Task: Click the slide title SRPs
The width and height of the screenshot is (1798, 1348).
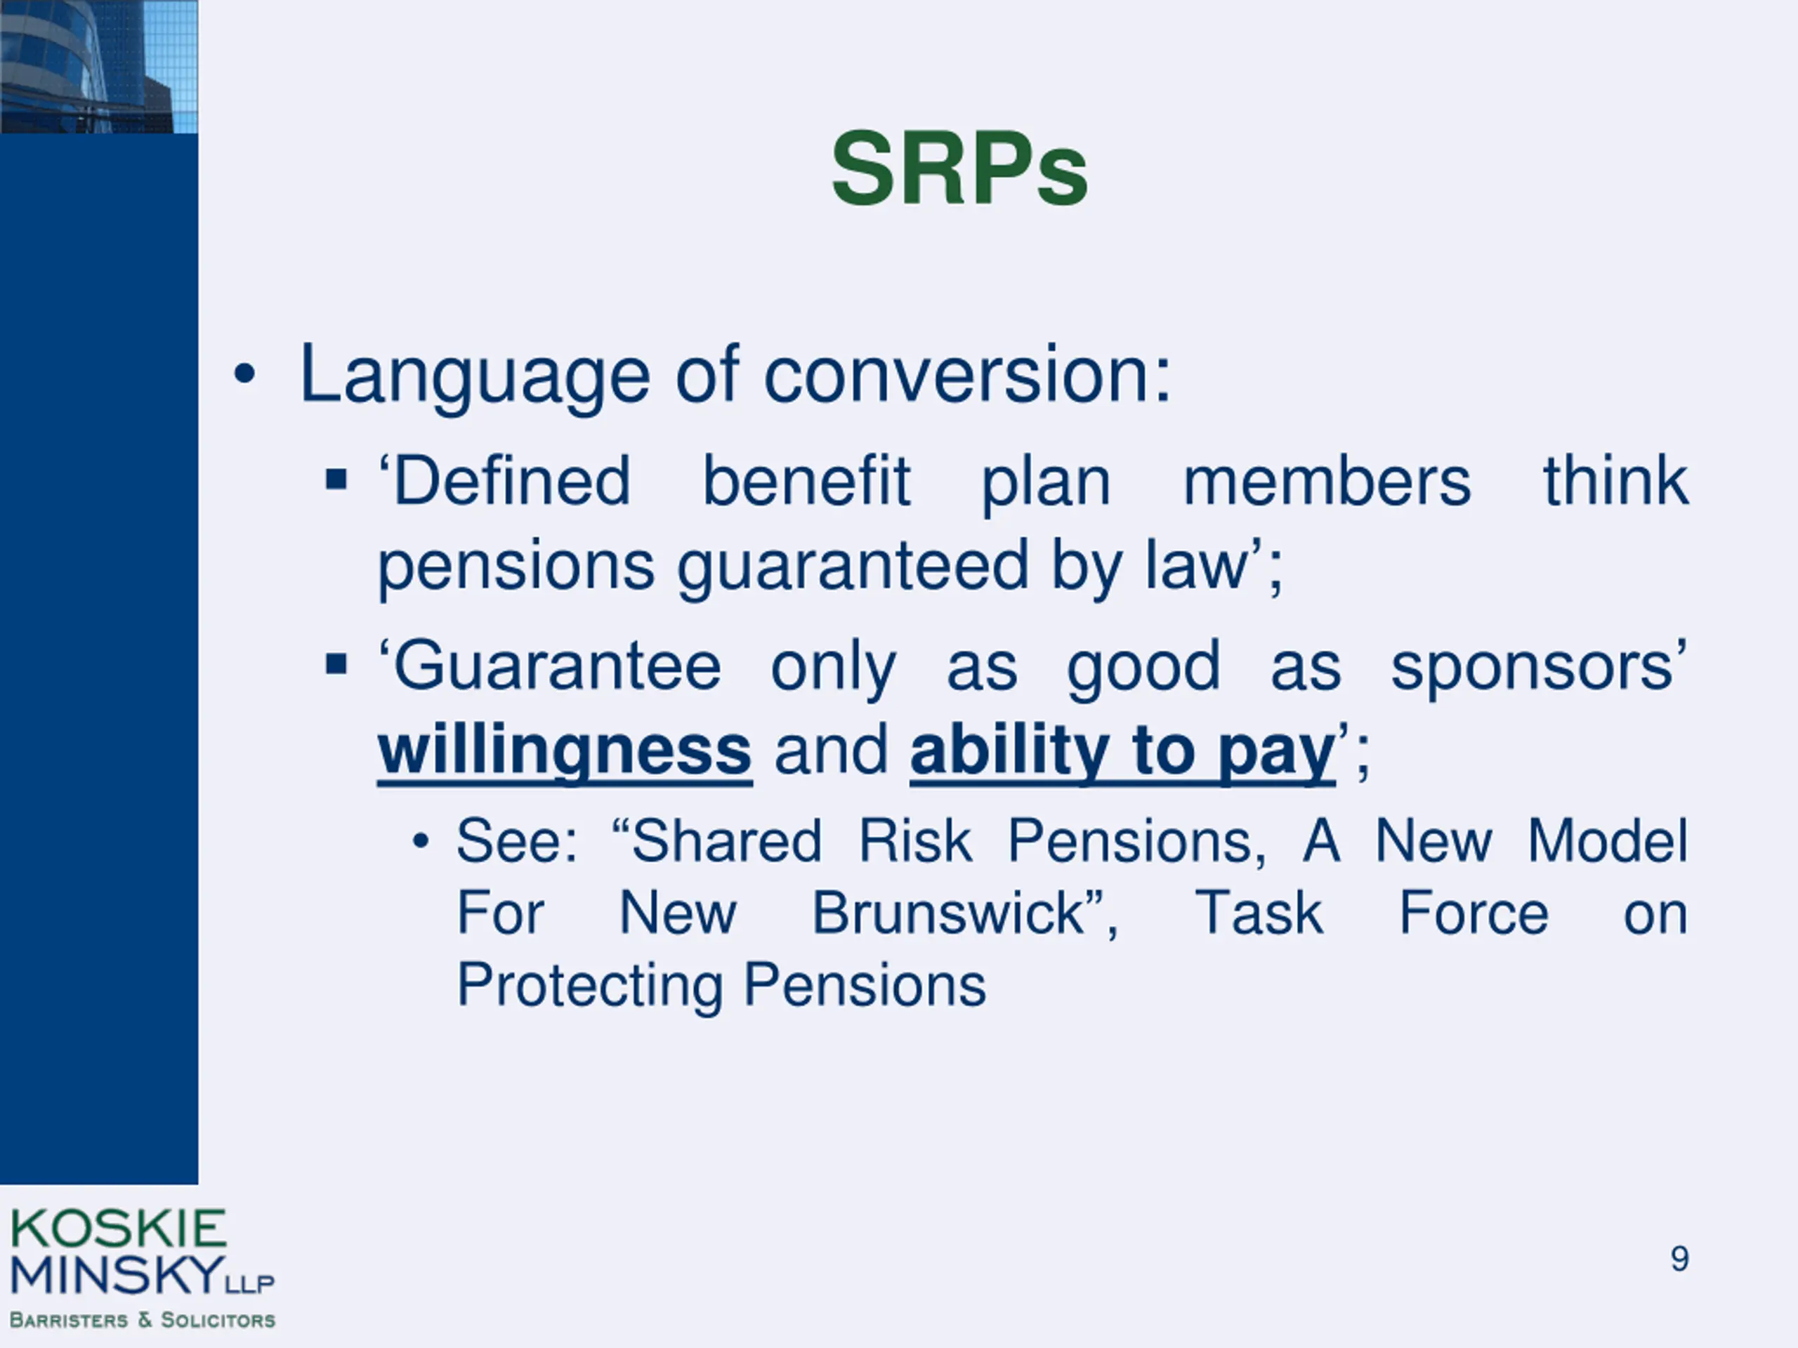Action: point(959,170)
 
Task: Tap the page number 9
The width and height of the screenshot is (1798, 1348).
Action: point(1679,1259)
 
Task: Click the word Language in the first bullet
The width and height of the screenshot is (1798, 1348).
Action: point(475,376)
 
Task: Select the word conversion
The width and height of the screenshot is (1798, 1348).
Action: point(967,376)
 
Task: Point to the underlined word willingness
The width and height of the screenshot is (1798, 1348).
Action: point(565,753)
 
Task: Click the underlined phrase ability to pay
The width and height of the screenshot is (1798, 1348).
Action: point(1122,753)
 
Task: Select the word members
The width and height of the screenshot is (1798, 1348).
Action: point(1327,481)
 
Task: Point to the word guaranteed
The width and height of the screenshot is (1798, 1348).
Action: point(853,567)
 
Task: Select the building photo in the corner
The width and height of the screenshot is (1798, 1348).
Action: point(98,66)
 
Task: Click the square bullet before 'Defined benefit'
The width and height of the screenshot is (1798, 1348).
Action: point(336,480)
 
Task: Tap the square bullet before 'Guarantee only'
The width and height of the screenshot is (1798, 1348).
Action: point(336,664)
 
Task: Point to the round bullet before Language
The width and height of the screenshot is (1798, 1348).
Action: point(244,375)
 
